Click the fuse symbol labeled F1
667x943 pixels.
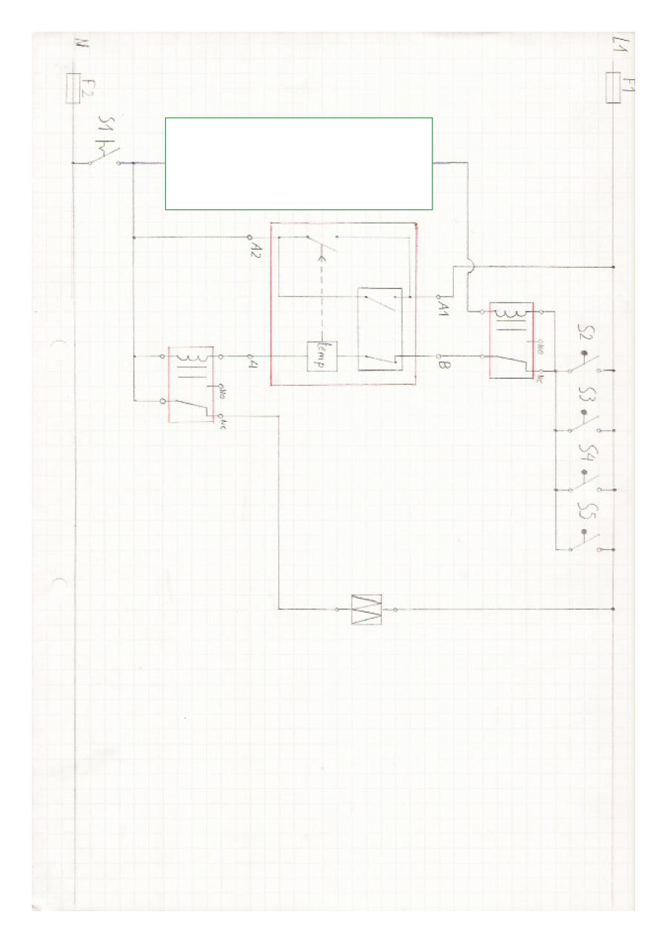613,88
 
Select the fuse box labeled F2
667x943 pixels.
73,88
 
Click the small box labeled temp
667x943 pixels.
321,356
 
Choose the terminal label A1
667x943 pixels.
445,304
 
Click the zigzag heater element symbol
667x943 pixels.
367,609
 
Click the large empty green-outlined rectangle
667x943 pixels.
298,164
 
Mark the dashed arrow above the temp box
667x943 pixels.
321,296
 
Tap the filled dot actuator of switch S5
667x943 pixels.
584,532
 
